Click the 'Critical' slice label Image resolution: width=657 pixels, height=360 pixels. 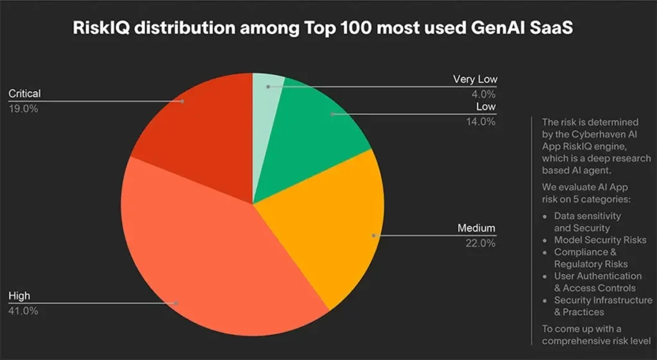coord(24,94)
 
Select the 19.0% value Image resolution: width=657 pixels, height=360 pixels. coord(23,108)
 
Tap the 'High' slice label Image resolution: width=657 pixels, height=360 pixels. coord(19,296)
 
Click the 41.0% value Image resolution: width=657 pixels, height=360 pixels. coord(23,311)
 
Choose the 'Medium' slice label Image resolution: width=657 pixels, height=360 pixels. coord(477,228)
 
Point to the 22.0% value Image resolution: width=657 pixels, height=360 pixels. coord(479,243)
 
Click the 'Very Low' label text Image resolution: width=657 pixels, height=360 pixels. coord(475,80)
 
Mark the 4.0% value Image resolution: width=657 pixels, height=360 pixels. coord(484,94)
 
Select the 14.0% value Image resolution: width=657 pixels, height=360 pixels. coord(481,121)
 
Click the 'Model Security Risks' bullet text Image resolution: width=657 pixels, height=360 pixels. coord(600,240)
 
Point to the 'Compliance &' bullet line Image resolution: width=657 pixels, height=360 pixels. coord(585,252)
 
